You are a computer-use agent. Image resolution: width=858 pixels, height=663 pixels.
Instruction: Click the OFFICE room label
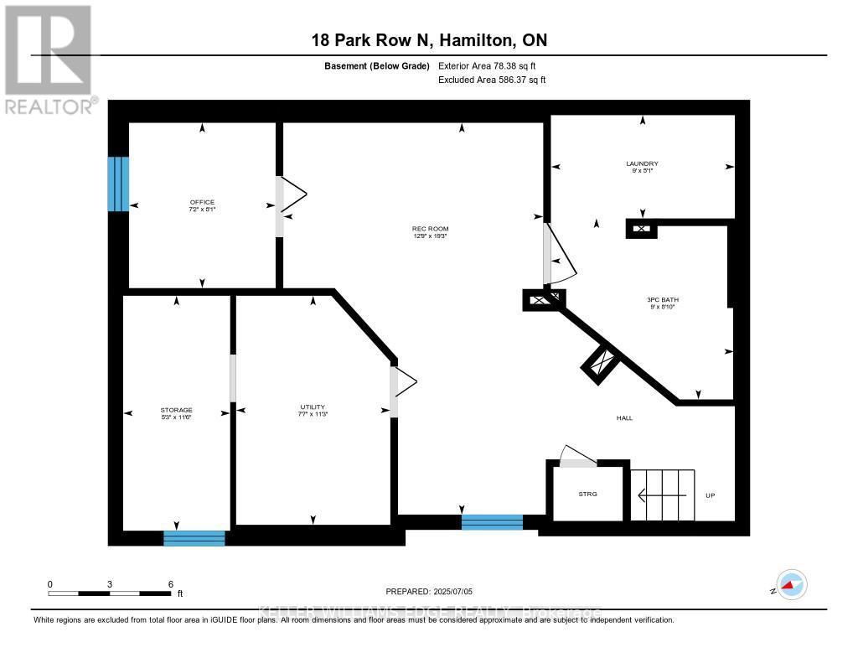coord(202,202)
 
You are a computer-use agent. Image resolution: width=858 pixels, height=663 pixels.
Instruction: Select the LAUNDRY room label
coord(642,163)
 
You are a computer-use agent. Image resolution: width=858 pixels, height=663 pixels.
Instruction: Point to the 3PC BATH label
coord(660,299)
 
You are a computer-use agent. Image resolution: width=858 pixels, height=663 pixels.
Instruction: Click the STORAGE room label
coord(177,410)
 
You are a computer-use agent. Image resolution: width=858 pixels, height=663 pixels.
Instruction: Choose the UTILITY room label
coord(313,407)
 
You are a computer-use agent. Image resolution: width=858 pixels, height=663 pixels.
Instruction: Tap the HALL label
coord(624,417)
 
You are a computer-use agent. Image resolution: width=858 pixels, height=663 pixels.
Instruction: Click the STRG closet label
coord(588,495)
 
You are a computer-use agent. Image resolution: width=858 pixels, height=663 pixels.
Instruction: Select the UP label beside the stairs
coord(710,495)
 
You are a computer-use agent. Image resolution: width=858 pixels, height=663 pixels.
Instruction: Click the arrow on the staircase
coord(662,495)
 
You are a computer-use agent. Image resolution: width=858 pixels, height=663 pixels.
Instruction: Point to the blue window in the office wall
coord(118,184)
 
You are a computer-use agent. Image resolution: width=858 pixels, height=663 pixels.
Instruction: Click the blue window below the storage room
coord(194,538)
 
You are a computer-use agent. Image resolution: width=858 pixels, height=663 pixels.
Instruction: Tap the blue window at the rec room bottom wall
coord(492,522)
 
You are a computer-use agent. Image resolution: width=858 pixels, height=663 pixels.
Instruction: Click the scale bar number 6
coord(171,584)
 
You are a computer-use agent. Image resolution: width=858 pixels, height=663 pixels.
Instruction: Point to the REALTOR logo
coord(49,59)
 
